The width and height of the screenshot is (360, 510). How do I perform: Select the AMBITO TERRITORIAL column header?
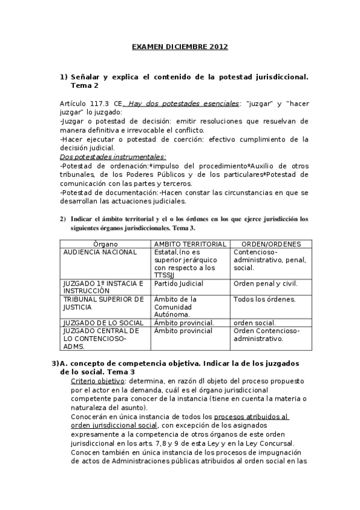click(x=191, y=244)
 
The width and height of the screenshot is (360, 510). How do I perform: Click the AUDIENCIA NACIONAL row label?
click(x=100, y=252)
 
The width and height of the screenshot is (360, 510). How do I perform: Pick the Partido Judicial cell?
click(x=178, y=283)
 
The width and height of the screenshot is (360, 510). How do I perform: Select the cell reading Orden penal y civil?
click(x=265, y=283)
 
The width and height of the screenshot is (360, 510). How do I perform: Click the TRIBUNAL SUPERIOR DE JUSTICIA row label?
click(x=103, y=303)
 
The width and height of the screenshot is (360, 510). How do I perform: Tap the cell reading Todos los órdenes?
click(x=264, y=299)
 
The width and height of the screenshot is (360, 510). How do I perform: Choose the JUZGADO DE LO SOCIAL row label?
click(x=103, y=322)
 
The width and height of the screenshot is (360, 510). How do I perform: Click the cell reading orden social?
click(x=255, y=322)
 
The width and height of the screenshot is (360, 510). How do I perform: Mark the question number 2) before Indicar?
click(x=63, y=219)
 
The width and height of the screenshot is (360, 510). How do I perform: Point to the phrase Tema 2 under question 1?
click(x=84, y=85)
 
